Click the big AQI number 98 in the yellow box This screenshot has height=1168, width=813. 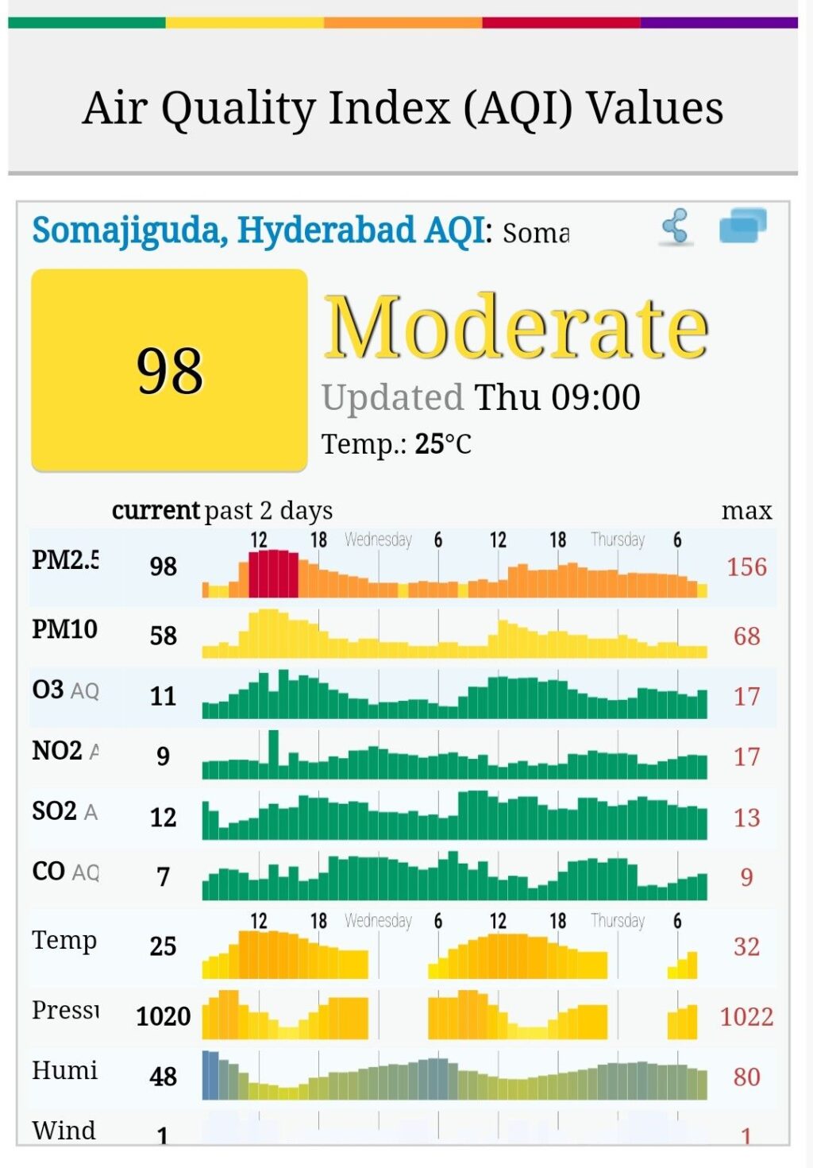pyautogui.click(x=170, y=371)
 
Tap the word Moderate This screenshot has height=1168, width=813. pyautogui.click(x=516, y=327)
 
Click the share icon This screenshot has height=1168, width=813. pyautogui.click(x=676, y=227)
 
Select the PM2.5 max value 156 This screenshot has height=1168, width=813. pyautogui.click(x=746, y=567)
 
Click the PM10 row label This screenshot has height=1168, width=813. pyautogui.click(x=64, y=629)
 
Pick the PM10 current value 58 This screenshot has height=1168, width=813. pyautogui.click(x=163, y=635)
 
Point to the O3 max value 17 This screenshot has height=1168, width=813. pyautogui.click(x=746, y=697)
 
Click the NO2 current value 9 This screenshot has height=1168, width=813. pyautogui.click(x=163, y=756)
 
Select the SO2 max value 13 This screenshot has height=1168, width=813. pyautogui.click(x=746, y=818)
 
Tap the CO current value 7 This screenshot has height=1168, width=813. pyautogui.click(x=163, y=876)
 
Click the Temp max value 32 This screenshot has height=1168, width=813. pyautogui.click(x=746, y=946)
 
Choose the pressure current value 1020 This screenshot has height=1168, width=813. pyautogui.click(x=163, y=1016)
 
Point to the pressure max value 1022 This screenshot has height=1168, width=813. pyautogui.click(x=746, y=1016)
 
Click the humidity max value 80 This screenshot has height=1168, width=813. pyautogui.click(x=746, y=1077)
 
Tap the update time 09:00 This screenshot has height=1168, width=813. pyautogui.click(x=595, y=397)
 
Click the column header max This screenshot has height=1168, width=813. pyautogui.click(x=746, y=510)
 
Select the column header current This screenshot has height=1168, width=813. pyautogui.click(x=156, y=510)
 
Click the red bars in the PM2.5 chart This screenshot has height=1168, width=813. pyautogui.click(x=273, y=574)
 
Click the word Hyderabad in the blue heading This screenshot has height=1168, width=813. pyautogui.click(x=326, y=230)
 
